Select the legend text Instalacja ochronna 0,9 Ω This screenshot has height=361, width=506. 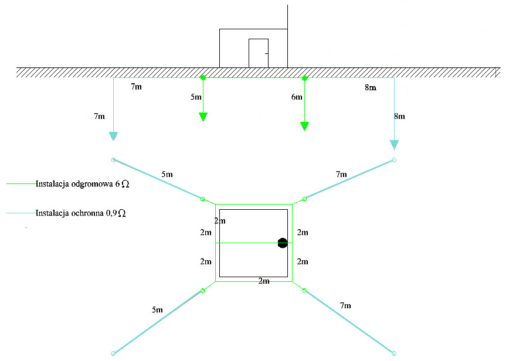tap(80, 213)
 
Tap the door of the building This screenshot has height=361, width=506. tap(259, 53)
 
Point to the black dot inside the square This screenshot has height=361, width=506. tap(282, 243)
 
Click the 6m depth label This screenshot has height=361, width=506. tap(297, 97)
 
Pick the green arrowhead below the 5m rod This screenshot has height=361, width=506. tap(203, 117)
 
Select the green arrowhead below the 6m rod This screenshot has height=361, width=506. tap(304, 126)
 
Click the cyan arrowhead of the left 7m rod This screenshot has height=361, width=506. tap(113, 137)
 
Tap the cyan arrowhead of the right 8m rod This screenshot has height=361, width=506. tap(394, 144)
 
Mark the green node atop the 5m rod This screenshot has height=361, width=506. tap(203, 77)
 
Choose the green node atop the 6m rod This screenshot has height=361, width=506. tap(304, 77)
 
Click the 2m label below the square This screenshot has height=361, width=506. tap(264, 281)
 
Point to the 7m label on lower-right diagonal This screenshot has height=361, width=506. tap(345, 305)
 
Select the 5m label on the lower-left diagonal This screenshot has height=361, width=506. tap(157, 309)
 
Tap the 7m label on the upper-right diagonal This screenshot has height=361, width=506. tap(341, 174)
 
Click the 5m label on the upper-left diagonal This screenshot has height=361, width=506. tap(167, 174)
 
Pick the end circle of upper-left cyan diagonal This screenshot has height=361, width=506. tap(113, 159)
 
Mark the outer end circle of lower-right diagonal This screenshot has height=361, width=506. tap(394, 353)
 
